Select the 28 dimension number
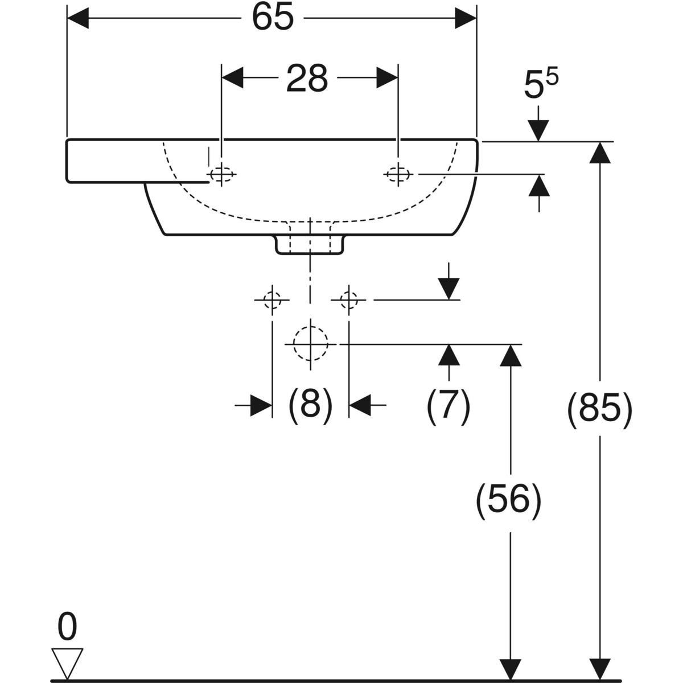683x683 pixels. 307,79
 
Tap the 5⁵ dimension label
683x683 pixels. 540,86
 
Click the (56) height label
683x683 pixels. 508,501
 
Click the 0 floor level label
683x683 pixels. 67,628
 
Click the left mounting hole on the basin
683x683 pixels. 221,174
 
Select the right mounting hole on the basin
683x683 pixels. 398,174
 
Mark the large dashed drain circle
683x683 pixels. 311,344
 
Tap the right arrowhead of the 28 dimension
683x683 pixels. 387,79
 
